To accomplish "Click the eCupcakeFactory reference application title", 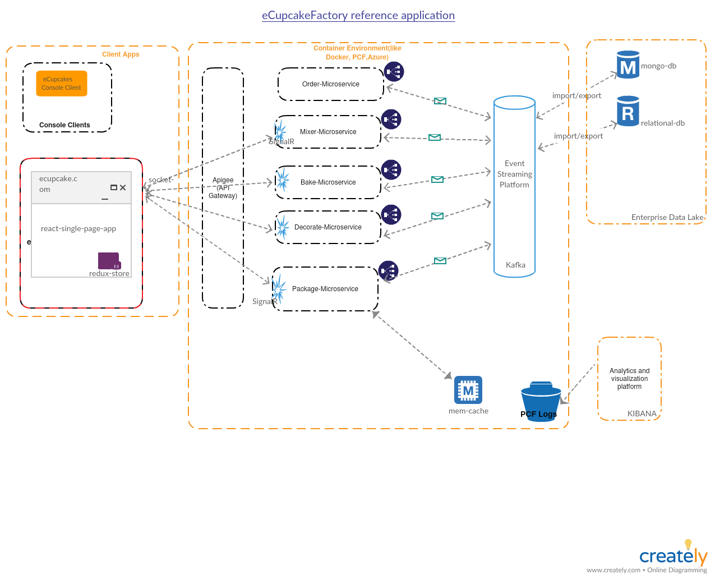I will click(x=358, y=15).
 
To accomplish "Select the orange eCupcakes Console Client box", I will click(x=62, y=83).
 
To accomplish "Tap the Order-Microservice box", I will click(x=330, y=84).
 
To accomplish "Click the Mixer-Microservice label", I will click(x=328, y=132).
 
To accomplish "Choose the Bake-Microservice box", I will click(x=328, y=182).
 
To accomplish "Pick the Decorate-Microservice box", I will click(x=328, y=227).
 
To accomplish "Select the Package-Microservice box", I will click(x=325, y=289).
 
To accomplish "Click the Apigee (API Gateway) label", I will click(x=223, y=188).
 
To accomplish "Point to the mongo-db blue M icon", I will click(x=628, y=65).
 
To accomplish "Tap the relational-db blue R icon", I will click(x=628, y=111).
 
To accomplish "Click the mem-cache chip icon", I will click(x=468, y=390).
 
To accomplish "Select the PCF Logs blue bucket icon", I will click(x=541, y=401).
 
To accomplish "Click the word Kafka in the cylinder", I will click(x=515, y=265).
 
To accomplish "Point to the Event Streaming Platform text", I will click(x=514, y=174).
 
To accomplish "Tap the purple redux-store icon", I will click(x=109, y=261).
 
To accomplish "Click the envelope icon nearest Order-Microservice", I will click(x=440, y=101).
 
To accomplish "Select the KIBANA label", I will click(x=642, y=413).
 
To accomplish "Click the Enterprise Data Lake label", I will click(x=667, y=217).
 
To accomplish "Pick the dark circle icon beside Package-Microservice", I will click(x=388, y=271).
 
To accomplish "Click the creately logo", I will click(x=673, y=555).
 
